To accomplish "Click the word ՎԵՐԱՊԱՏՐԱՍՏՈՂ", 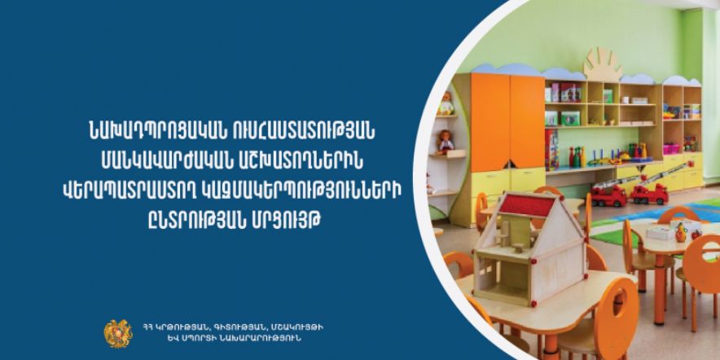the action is pyautogui.click(x=127, y=190).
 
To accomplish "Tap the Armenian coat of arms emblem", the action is pyautogui.click(x=118, y=333).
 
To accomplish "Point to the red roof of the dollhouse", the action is pyautogui.click(x=531, y=205).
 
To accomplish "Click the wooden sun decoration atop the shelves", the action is pyautogui.click(x=603, y=64).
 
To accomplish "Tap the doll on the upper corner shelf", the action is pyautogui.click(x=445, y=103).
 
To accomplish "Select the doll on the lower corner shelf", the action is pyautogui.click(x=445, y=142).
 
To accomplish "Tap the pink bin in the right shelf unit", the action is pyautogui.click(x=671, y=149).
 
